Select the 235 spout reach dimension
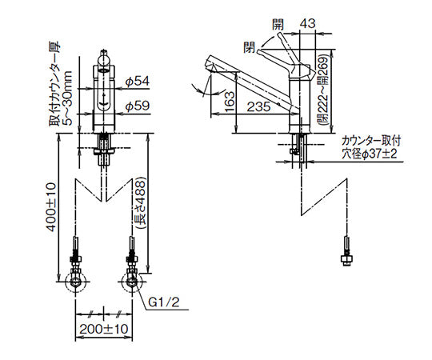coord(259,107)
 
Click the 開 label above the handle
coord(278,25)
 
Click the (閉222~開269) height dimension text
coord(322,89)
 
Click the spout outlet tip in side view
coord(206,65)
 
